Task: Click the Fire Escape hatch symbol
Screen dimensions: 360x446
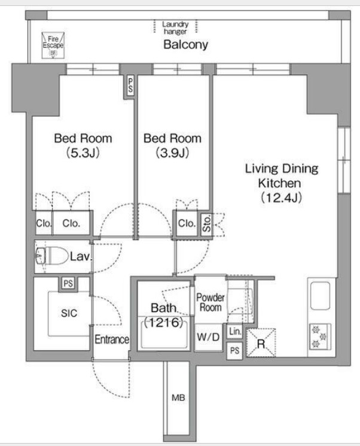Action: coord(53,45)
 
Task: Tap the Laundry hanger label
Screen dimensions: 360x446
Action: coord(175,28)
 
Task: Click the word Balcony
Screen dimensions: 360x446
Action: coord(185,45)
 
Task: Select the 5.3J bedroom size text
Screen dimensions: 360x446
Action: coord(83,153)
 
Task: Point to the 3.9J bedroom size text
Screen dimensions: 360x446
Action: coord(172,153)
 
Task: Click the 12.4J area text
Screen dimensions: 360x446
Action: coord(281,198)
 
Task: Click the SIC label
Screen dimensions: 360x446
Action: coord(69,313)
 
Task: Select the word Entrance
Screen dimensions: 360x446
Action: coord(112,339)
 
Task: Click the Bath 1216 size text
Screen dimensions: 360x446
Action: coord(164,322)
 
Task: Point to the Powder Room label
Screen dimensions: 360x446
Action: coord(210,302)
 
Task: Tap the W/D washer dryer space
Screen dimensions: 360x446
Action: coord(209,338)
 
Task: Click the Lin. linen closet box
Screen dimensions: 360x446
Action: coord(235,332)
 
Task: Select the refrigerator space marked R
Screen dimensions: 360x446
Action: coord(261,343)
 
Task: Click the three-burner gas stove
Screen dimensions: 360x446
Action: coord(320,337)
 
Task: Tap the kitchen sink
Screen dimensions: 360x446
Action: coord(320,296)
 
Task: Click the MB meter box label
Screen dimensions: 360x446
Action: coord(178,398)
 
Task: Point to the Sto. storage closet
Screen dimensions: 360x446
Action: coord(207,223)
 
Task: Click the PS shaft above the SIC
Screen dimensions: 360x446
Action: coord(68,284)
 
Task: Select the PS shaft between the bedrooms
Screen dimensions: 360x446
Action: coord(130,86)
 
